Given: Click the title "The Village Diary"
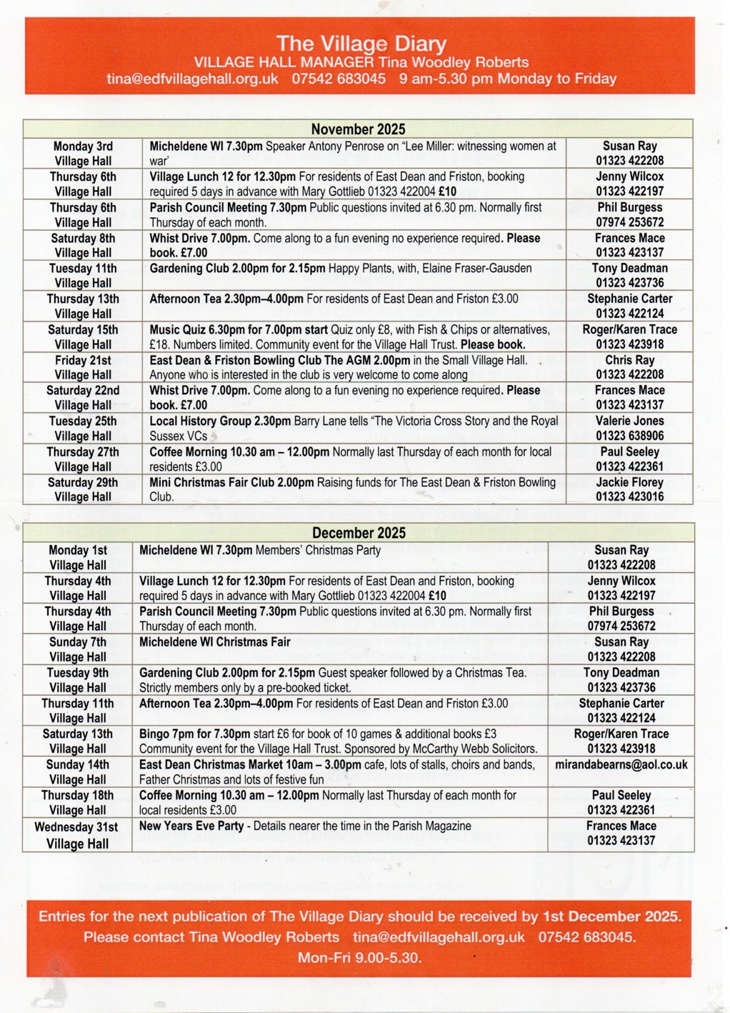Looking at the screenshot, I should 361,44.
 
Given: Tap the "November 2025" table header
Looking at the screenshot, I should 358,129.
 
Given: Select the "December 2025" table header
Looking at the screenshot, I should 358,533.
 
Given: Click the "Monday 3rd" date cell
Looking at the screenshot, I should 83,154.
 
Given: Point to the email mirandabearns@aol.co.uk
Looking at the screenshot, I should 621,764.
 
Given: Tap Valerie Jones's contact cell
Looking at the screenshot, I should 629,428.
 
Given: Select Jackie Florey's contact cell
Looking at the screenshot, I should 629,489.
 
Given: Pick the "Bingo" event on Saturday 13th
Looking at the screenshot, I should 154,734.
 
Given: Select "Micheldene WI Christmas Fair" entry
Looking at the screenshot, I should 214,642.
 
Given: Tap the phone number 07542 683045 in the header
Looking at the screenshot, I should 339,79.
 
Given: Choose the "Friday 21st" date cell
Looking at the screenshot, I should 83,367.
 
